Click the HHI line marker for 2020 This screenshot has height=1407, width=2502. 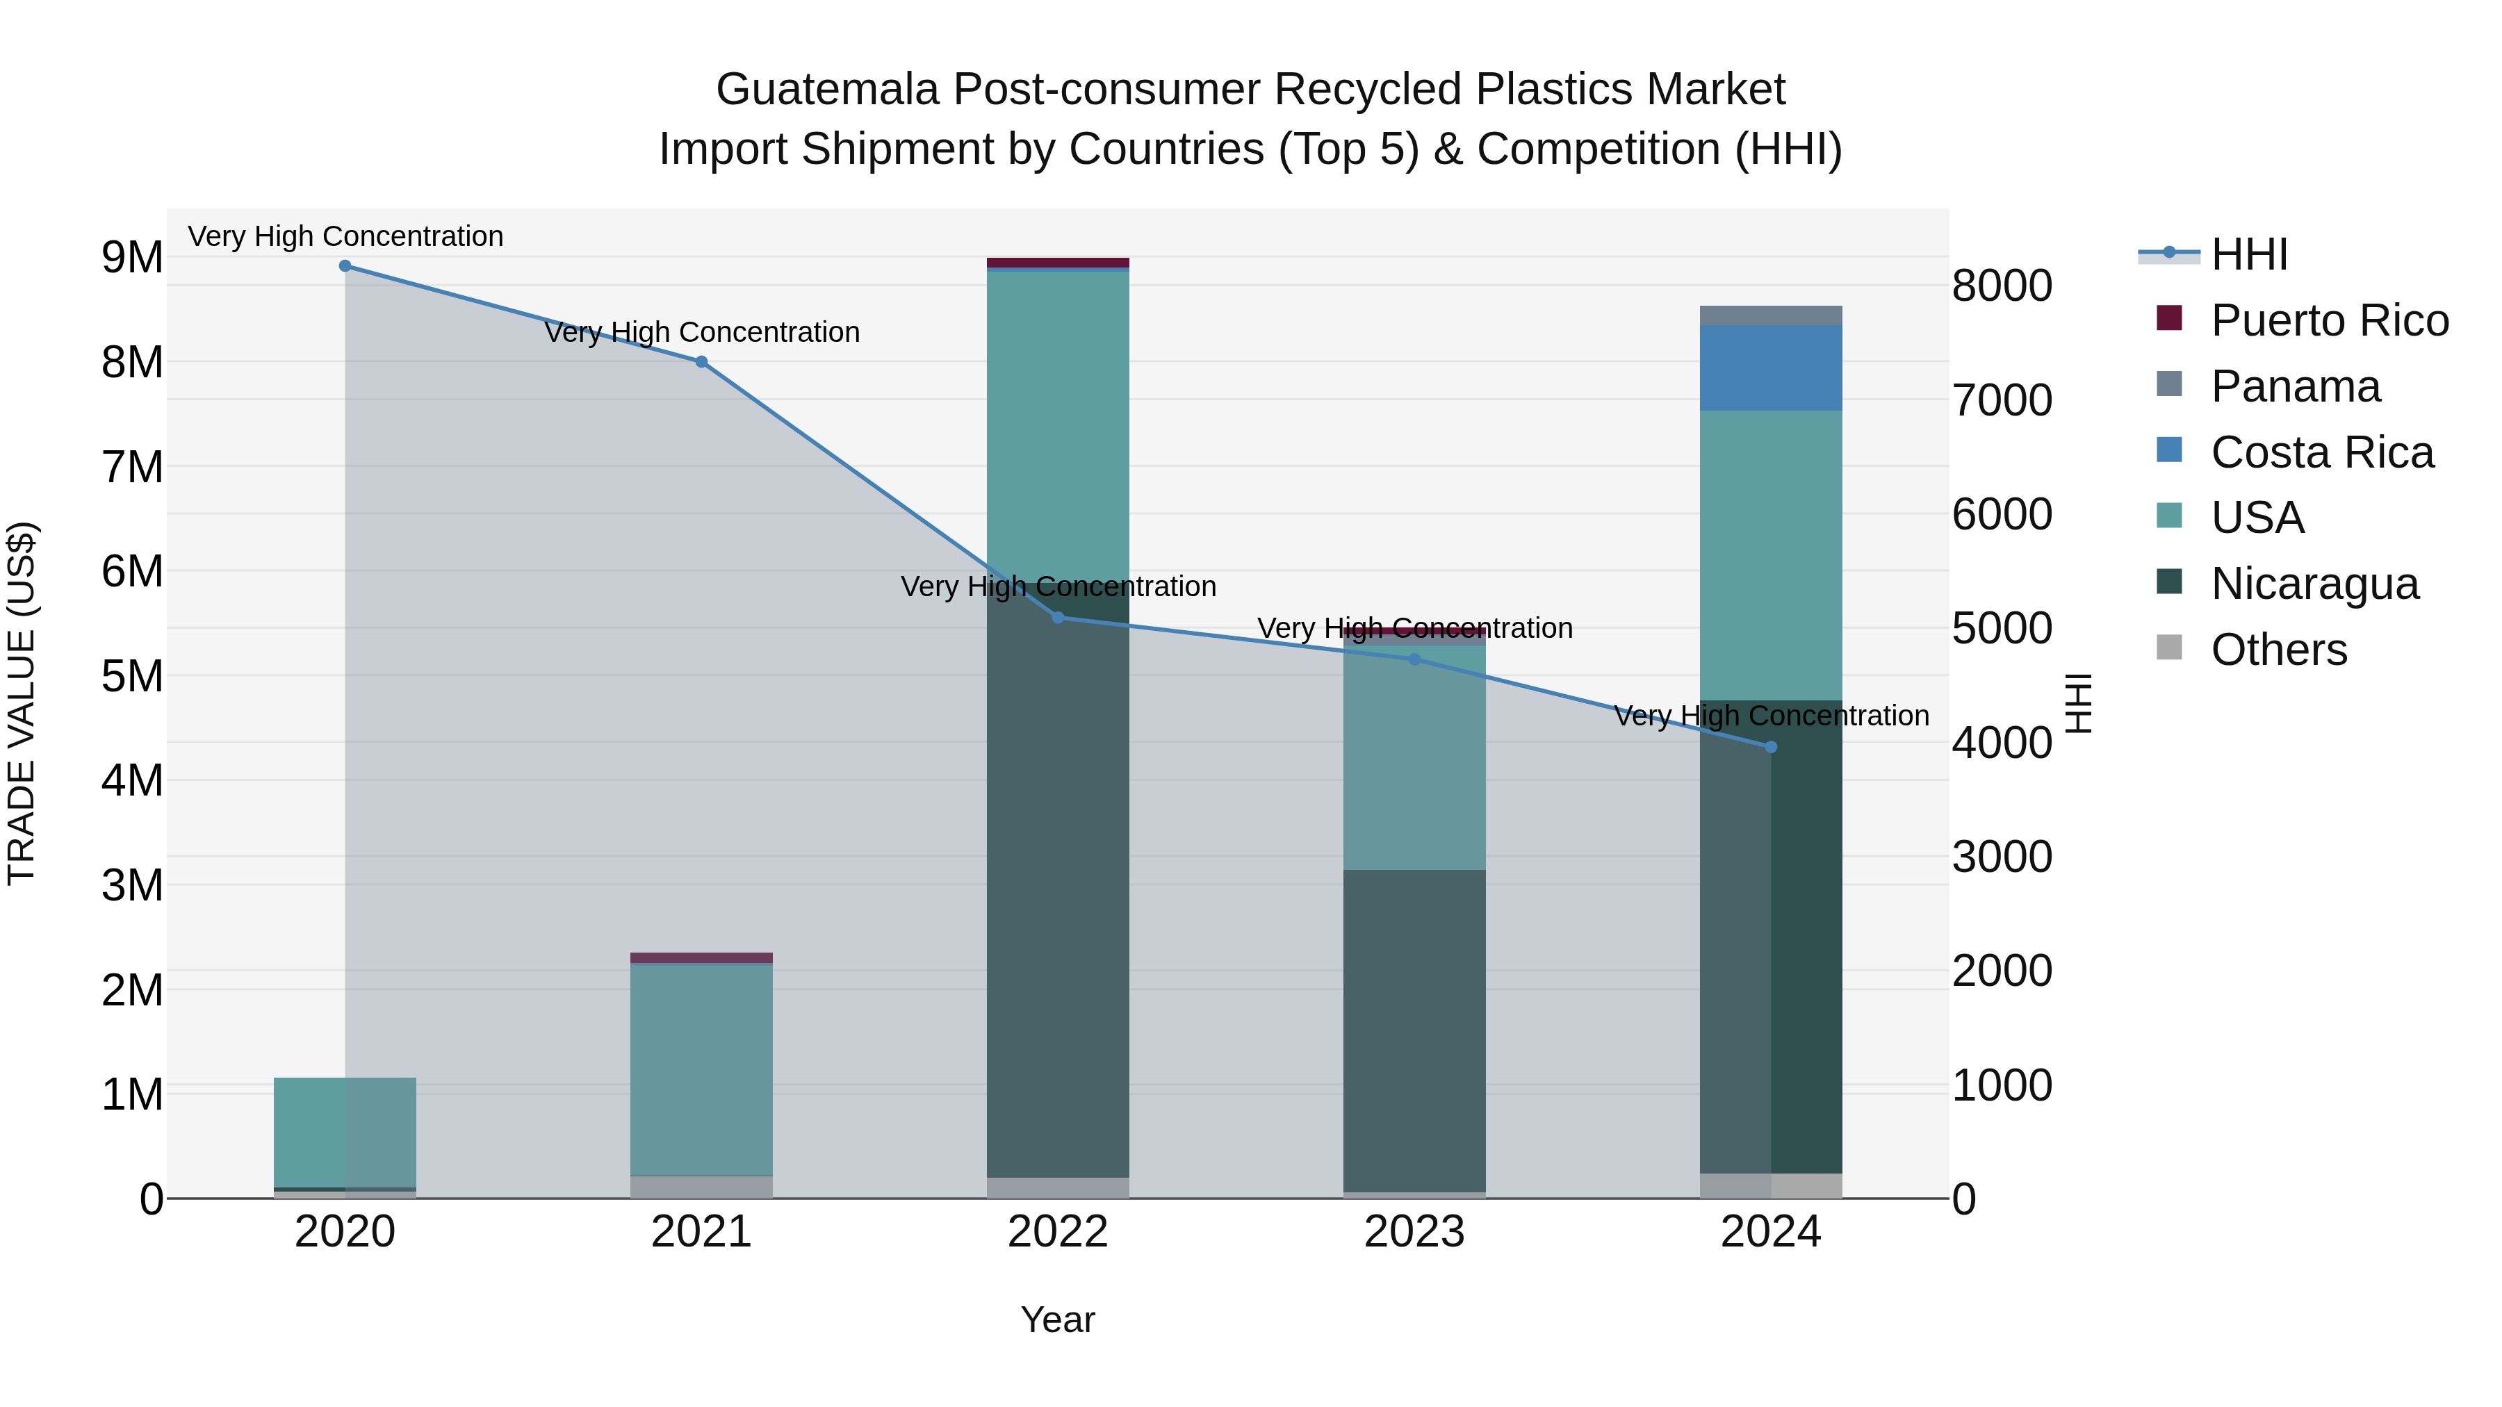click(x=345, y=266)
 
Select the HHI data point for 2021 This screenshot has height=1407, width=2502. click(x=701, y=362)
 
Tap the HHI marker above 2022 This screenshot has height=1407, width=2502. click(x=1058, y=618)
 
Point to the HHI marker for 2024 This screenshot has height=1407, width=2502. click(x=1771, y=747)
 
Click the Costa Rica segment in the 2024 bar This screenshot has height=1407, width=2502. click(x=1771, y=368)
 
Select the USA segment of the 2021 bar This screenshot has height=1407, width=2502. click(x=701, y=1068)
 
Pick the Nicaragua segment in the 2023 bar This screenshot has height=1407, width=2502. click(x=1414, y=1029)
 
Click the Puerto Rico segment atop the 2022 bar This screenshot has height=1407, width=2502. click(x=1058, y=262)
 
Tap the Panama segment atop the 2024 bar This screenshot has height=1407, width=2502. click(x=1771, y=315)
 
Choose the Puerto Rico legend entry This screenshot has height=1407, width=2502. click(x=2329, y=320)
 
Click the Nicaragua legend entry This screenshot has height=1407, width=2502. click(x=2314, y=584)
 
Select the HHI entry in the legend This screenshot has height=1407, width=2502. click(x=2248, y=254)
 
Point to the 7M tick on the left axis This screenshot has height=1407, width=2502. click(x=132, y=467)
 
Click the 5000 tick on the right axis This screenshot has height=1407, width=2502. click(x=2002, y=628)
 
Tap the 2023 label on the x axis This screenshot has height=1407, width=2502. click(x=1414, y=1232)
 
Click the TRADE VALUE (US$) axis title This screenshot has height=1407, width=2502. click(x=22, y=703)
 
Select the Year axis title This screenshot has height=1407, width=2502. click(x=1058, y=1319)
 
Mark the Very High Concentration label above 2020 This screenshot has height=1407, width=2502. click(x=345, y=236)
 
